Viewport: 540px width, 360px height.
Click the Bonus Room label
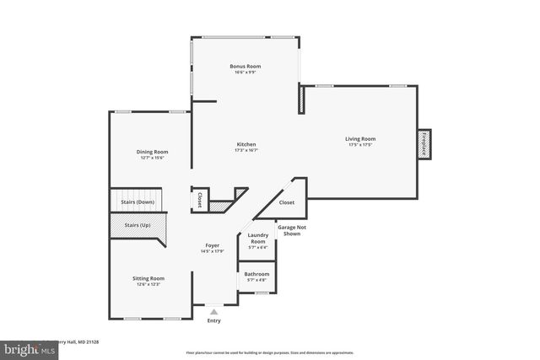(246, 66)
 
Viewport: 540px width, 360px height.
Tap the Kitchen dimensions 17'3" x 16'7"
(246, 150)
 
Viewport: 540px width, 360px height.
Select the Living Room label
(360, 138)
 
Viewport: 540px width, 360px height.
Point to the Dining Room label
(151, 152)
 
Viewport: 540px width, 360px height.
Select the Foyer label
(212, 245)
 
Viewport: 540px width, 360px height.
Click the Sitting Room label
(148, 277)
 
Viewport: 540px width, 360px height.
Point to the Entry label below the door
(214, 320)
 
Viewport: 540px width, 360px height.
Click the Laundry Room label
(258, 238)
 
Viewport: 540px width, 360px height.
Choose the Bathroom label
(256, 274)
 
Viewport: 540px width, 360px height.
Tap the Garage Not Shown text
(292, 230)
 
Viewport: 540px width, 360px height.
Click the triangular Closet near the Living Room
(287, 202)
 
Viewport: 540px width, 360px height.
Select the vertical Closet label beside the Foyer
(199, 201)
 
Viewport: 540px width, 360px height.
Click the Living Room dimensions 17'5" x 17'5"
(360, 145)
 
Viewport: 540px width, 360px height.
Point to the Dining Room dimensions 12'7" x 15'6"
(151, 158)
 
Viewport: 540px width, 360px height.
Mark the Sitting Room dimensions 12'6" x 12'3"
(148, 284)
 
